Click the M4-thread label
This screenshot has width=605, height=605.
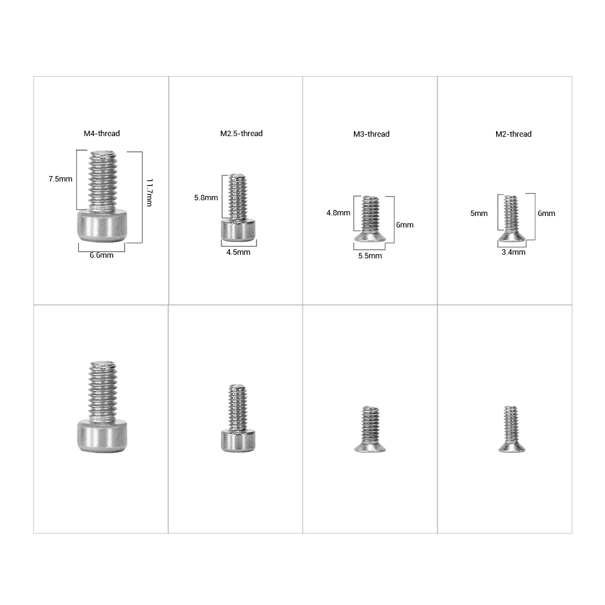click(x=102, y=134)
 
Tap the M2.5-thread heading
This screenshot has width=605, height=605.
click(x=241, y=134)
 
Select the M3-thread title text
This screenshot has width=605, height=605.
click(x=371, y=134)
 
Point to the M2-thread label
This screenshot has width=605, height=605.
click(x=514, y=134)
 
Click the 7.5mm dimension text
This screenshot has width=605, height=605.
click(x=60, y=179)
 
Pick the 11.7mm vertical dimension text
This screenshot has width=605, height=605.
click(x=149, y=192)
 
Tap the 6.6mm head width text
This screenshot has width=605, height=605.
click(x=102, y=255)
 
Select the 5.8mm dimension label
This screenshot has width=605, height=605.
click(x=206, y=198)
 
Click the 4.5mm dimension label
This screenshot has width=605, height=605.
click(x=238, y=252)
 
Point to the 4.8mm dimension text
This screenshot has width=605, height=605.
click(x=338, y=213)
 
